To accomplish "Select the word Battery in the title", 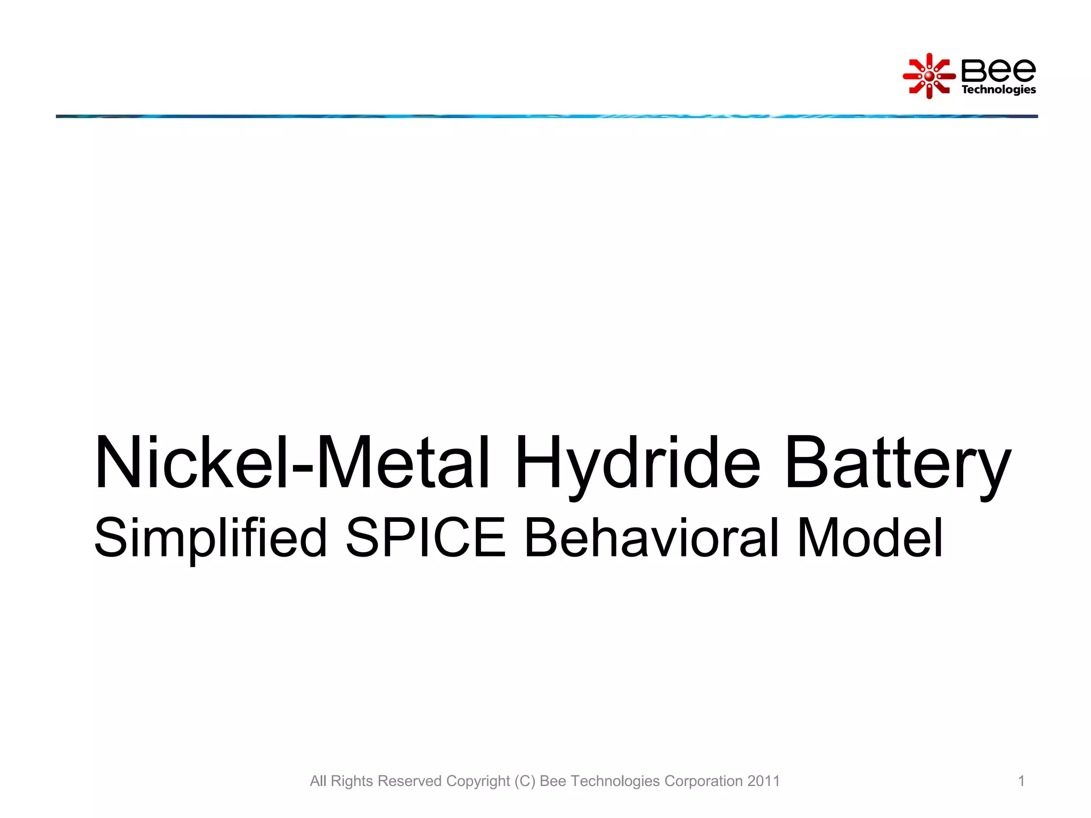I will click(x=897, y=462).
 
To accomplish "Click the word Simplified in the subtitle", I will click(x=210, y=538).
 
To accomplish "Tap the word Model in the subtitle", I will click(x=870, y=538).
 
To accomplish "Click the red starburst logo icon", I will click(x=929, y=76).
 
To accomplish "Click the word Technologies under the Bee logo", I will click(x=998, y=89).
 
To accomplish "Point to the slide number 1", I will click(x=1021, y=781).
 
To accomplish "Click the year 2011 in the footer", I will click(x=763, y=781).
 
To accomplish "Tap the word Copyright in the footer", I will click(x=478, y=781).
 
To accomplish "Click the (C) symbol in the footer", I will click(x=525, y=781).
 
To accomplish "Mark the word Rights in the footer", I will click(x=352, y=781).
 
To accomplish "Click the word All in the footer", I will click(x=318, y=781).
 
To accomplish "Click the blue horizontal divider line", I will click(x=547, y=116).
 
